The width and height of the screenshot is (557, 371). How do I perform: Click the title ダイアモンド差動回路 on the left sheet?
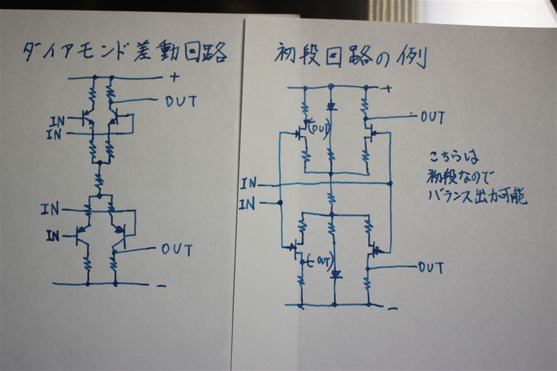(x=124, y=54)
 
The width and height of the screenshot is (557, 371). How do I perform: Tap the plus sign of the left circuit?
(x=175, y=77)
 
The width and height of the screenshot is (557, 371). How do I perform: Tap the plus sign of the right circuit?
(x=388, y=89)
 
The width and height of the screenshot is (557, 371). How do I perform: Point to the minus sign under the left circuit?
(x=160, y=285)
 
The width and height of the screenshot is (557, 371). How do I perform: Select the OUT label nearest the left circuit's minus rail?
(x=177, y=250)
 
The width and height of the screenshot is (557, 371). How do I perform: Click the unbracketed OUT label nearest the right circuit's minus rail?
(x=431, y=267)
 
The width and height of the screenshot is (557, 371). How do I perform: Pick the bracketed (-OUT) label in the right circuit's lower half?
(x=318, y=261)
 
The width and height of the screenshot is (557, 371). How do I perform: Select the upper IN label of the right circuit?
(x=247, y=184)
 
